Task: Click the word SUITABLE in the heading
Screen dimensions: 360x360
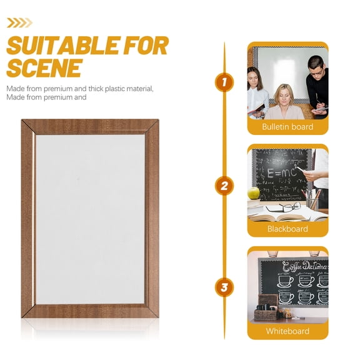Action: click(63, 46)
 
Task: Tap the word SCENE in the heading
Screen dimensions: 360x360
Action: click(44, 67)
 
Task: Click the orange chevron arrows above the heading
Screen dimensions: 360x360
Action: click(19, 23)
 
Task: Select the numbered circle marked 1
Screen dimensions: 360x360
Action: click(224, 81)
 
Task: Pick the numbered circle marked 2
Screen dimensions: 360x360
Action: click(224, 185)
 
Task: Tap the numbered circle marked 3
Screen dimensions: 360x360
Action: click(224, 287)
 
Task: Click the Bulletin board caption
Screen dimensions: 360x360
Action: click(287, 127)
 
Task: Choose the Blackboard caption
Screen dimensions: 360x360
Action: click(287, 229)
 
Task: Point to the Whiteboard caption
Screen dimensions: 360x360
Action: click(287, 331)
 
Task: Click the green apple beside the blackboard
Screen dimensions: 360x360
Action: click(254, 193)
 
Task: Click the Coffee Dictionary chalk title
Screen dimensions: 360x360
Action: click(304, 267)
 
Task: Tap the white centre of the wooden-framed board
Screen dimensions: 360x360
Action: click(90, 219)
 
